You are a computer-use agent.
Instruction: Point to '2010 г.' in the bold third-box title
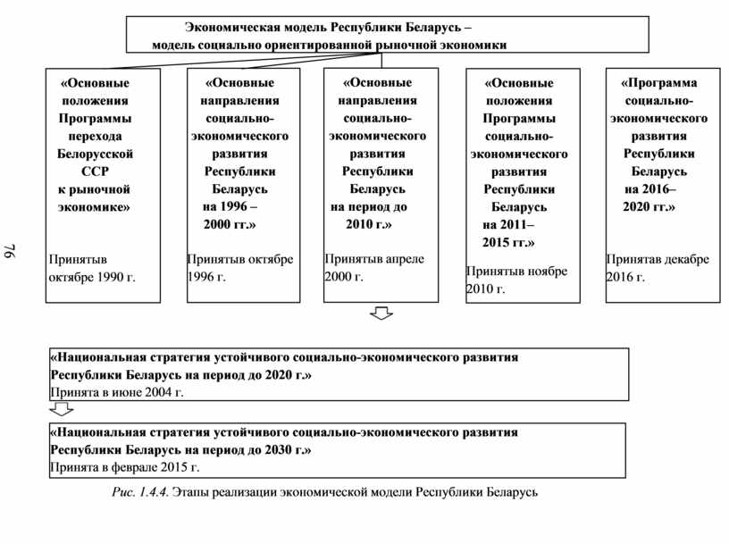369,222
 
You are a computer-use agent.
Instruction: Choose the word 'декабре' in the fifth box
685,259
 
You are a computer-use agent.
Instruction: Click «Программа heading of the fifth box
659,83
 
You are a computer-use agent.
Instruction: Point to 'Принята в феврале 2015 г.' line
125,467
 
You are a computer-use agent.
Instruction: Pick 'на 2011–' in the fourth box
508,224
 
